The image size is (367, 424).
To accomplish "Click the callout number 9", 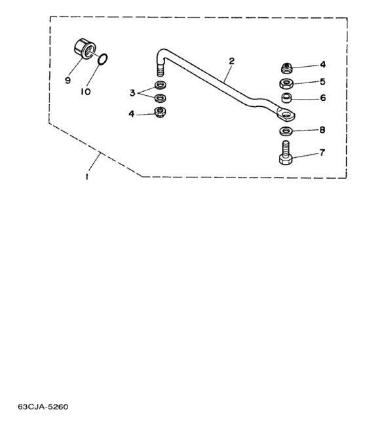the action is (x=68, y=81).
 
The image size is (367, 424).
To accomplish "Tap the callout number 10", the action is (x=85, y=92).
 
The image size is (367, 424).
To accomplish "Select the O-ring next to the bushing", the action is (x=103, y=60).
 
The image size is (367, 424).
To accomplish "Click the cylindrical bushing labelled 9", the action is (x=84, y=48).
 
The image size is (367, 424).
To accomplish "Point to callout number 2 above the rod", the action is (x=231, y=62).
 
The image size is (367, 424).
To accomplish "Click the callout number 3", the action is (x=132, y=93).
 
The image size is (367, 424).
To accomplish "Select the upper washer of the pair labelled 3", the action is (x=160, y=85).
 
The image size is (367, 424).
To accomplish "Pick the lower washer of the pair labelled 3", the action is (x=160, y=98).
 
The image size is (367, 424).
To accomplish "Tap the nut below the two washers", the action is (x=160, y=111).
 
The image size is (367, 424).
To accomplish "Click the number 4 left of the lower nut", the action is (x=132, y=114).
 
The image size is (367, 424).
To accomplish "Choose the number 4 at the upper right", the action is (x=322, y=65).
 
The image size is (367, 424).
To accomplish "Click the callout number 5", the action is (x=322, y=82).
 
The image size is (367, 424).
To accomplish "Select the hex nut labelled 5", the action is (x=286, y=84).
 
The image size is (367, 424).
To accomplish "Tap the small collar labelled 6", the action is (x=286, y=98).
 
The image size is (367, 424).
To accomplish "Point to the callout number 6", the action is (x=323, y=98).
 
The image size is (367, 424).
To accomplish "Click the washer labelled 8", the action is (x=286, y=132).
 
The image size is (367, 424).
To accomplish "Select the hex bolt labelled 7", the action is (x=286, y=153).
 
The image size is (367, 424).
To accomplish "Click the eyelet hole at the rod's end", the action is (x=286, y=115).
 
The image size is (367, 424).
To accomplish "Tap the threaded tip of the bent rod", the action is (x=160, y=69).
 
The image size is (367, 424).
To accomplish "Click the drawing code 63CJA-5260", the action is (x=43, y=407).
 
